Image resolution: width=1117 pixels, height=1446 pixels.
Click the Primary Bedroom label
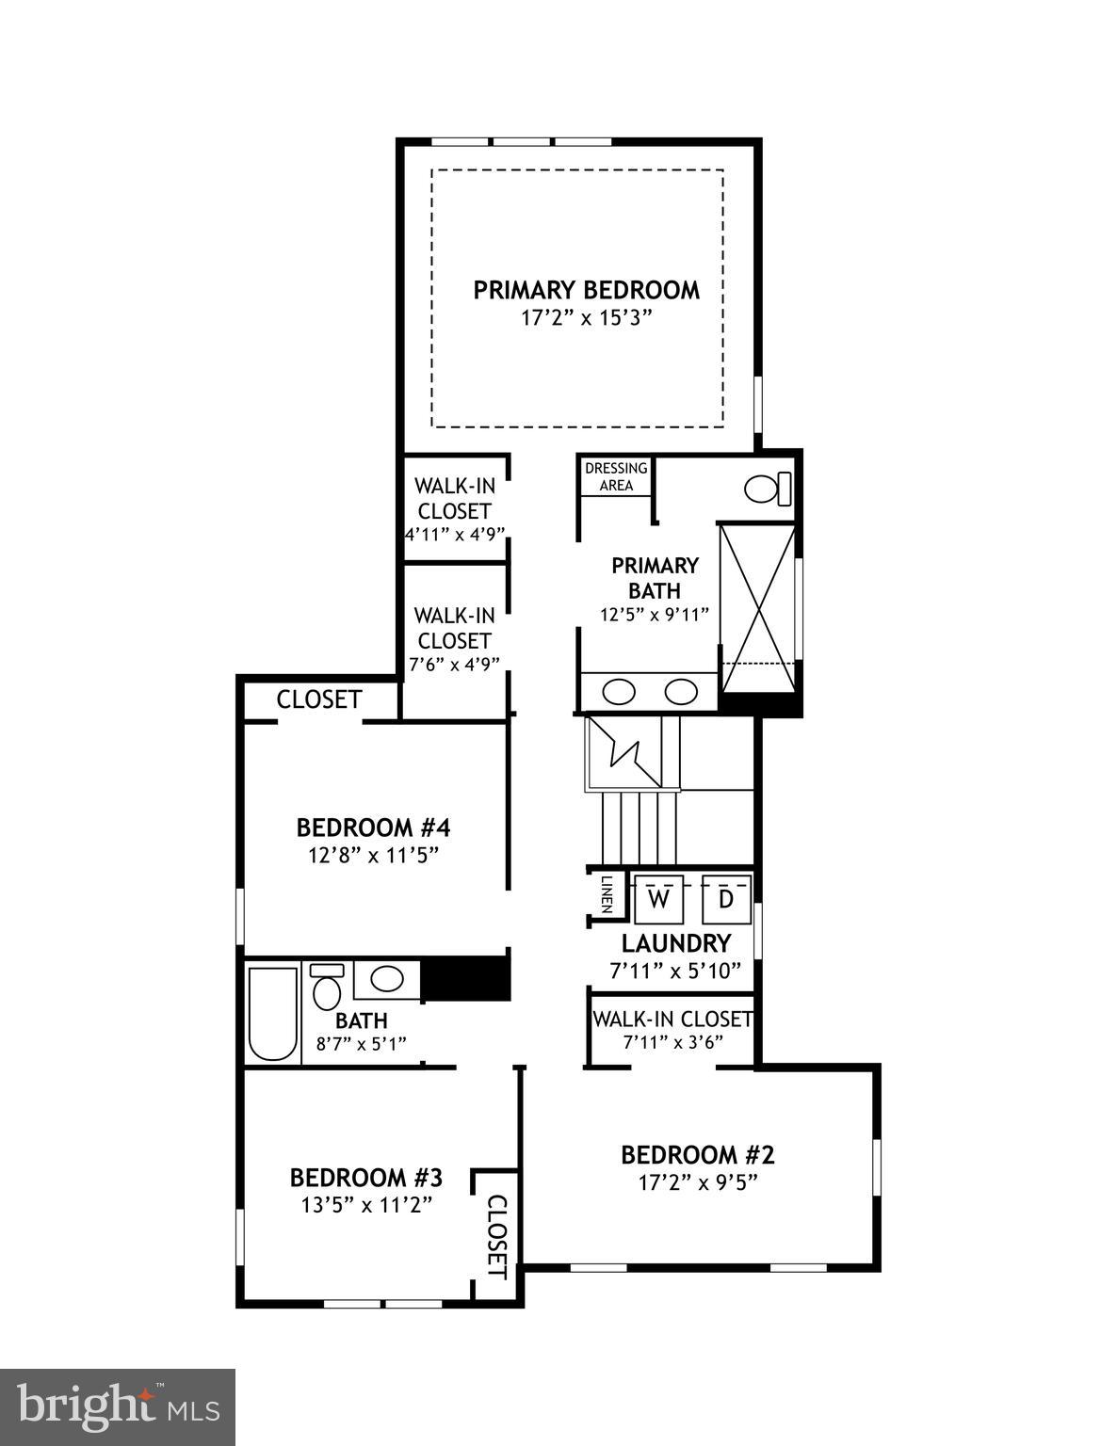[x=586, y=290]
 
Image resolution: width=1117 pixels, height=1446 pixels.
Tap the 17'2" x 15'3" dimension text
[x=586, y=318]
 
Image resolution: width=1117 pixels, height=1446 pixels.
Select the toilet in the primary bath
[x=767, y=489]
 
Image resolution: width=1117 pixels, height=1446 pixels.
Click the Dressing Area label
[x=616, y=476]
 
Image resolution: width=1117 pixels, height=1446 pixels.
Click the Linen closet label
[x=607, y=894]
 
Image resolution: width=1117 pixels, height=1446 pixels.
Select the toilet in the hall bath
[x=327, y=988]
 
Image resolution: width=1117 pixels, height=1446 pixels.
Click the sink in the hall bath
[x=387, y=979]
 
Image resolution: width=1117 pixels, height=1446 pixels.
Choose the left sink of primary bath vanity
[x=619, y=692]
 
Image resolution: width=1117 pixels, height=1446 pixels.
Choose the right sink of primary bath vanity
[x=680, y=692]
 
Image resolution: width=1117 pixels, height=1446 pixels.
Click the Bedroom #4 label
[x=373, y=827]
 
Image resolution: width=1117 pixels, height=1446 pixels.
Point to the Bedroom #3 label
[x=365, y=1178]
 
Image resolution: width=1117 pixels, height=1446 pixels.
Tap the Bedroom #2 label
[x=697, y=1155]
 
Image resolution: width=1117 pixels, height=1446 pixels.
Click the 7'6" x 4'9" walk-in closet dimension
[x=454, y=665]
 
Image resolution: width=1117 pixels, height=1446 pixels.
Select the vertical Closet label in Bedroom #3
[x=496, y=1237]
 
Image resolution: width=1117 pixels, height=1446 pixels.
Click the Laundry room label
[x=675, y=943]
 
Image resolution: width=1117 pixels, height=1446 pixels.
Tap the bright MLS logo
[x=117, y=1407]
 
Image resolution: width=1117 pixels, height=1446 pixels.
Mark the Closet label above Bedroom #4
[x=318, y=699]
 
